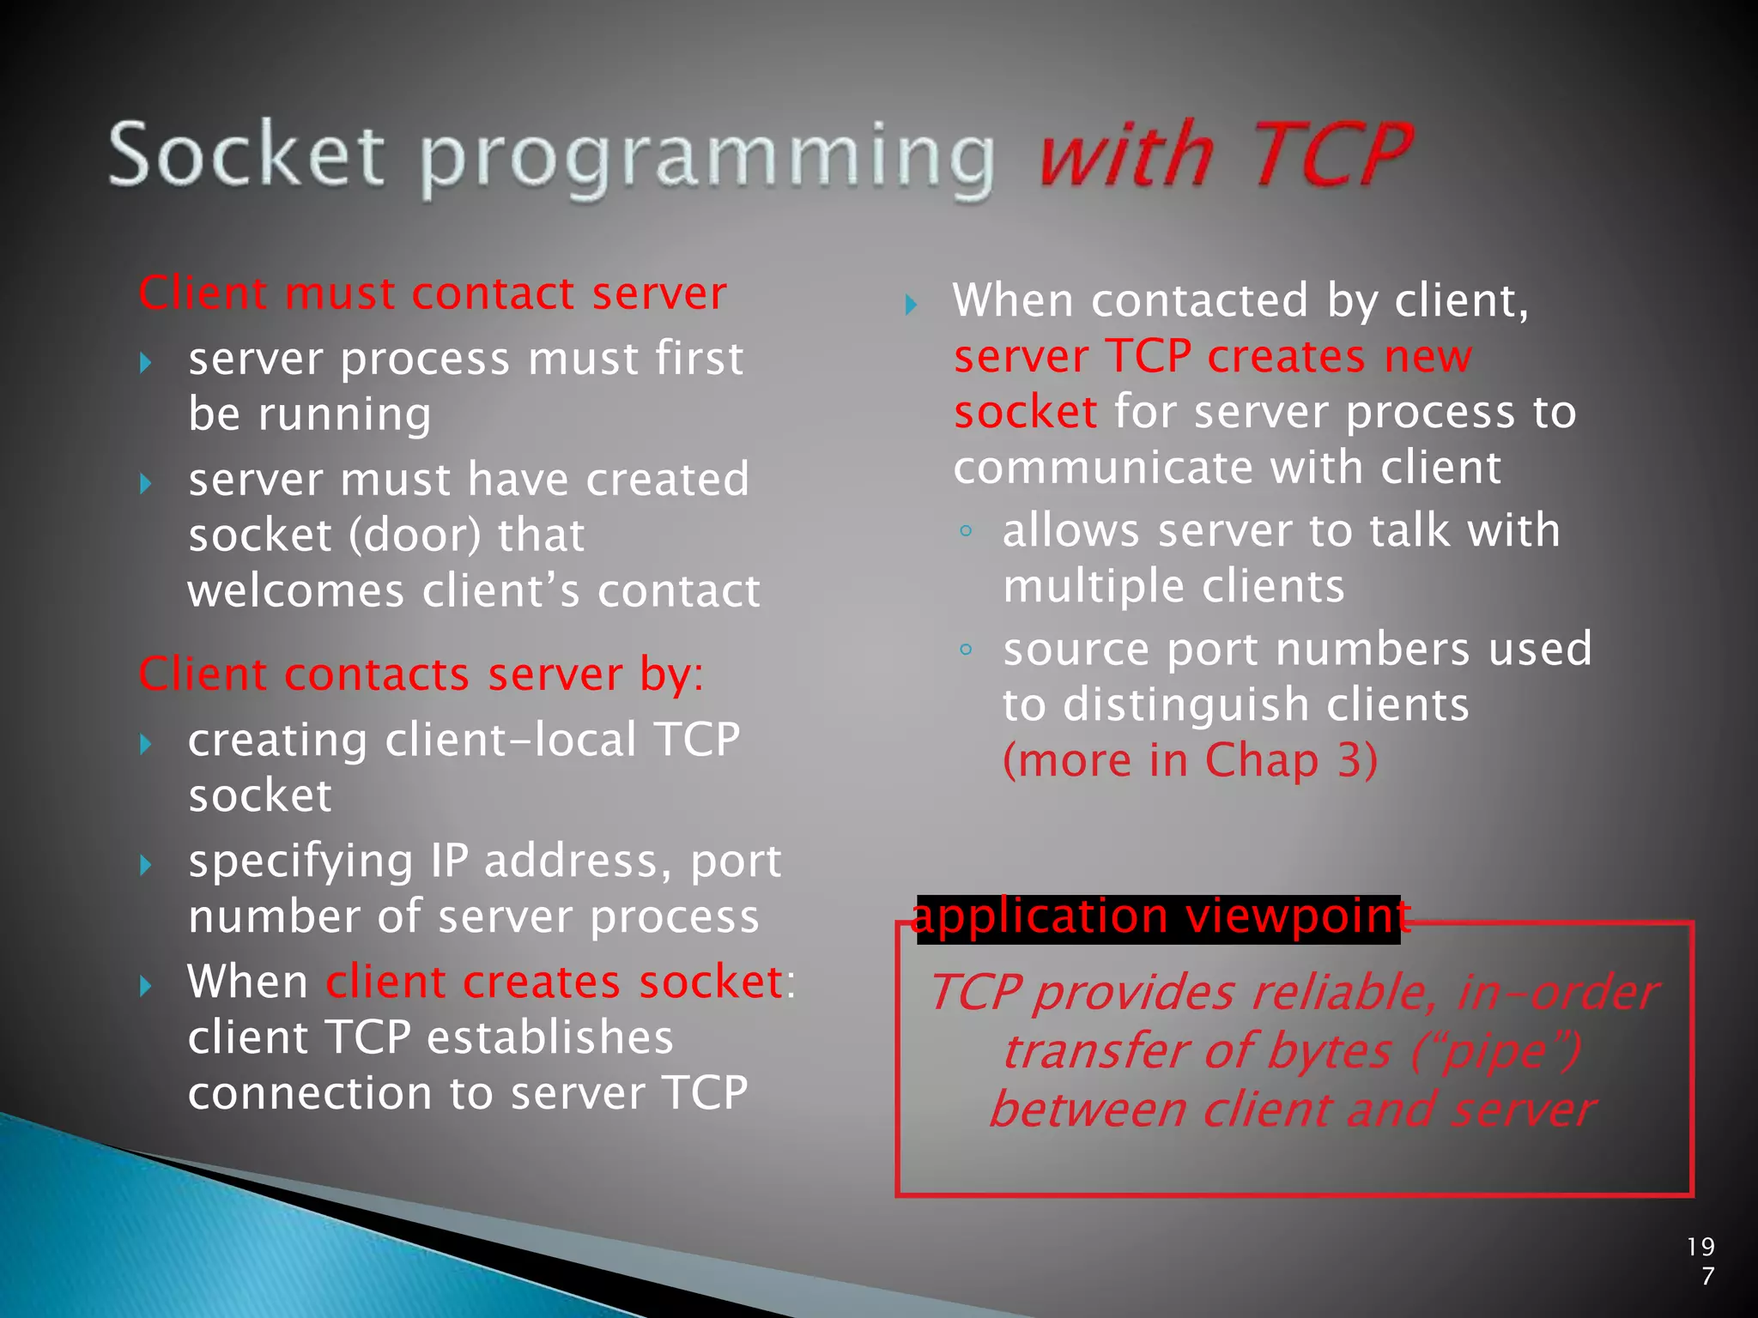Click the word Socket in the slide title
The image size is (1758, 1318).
click(246, 154)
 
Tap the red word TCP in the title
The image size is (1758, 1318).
click(1332, 154)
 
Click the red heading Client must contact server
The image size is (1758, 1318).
click(433, 293)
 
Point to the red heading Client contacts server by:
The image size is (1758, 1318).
click(421, 674)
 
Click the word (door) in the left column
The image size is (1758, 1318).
click(415, 535)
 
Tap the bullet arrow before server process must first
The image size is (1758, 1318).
click(146, 362)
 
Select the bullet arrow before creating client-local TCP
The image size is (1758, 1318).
click(146, 743)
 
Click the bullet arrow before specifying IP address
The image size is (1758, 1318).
click(146, 864)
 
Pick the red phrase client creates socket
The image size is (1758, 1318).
click(554, 982)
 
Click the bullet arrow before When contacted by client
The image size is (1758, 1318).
click(912, 304)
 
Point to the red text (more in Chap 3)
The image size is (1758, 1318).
click(1190, 760)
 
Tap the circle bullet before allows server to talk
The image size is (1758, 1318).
click(966, 531)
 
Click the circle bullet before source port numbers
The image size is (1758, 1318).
click(966, 650)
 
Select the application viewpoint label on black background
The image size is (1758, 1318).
click(1159, 917)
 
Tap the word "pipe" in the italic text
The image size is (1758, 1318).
click(1494, 1052)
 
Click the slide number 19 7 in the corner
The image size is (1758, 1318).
click(1700, 1261)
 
